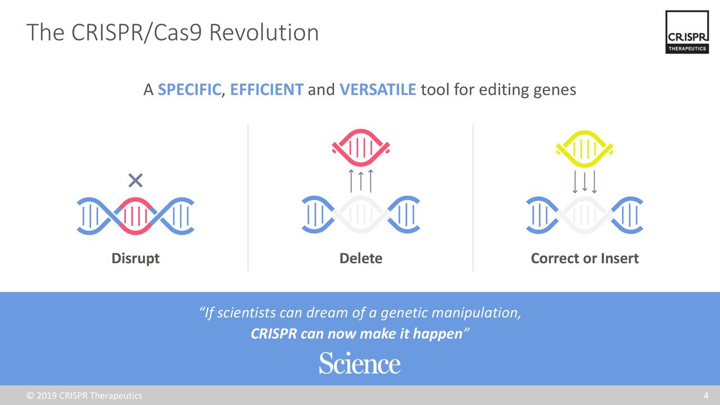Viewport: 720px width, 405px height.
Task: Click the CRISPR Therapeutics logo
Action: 687,33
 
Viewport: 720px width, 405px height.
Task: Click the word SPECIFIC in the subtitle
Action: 189,89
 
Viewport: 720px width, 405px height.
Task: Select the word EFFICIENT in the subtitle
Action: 267,89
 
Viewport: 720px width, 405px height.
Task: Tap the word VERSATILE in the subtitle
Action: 377,89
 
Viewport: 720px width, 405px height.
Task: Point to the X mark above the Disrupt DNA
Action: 136,181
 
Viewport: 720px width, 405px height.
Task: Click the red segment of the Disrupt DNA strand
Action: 136,215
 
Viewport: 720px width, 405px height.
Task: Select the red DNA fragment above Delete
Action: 361,147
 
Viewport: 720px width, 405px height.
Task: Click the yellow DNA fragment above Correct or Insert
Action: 584,147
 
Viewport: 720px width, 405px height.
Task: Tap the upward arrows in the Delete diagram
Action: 361,181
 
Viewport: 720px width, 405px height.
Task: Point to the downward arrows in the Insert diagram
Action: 584,181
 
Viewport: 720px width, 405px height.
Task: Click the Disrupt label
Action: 136,258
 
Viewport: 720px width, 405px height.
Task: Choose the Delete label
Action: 361,258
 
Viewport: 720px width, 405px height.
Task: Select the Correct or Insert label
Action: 584,258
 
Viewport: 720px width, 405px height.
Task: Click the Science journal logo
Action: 359,363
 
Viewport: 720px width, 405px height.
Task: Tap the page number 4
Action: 706,395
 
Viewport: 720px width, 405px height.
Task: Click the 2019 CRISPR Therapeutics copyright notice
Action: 84,395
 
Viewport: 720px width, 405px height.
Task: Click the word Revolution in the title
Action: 264,33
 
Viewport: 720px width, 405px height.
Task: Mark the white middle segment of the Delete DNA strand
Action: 361,215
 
